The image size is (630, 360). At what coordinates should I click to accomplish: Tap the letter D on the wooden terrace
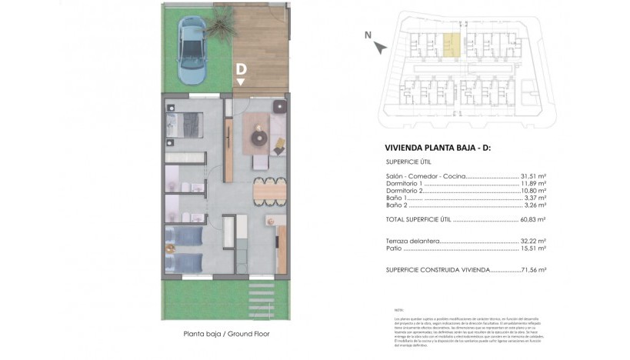(x=242, y=70)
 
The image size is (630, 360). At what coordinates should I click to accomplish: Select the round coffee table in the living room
(x=258, y=137)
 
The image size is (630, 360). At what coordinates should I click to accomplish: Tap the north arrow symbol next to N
(x=380, y=47)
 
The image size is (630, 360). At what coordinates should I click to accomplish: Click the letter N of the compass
(x=368, y=34)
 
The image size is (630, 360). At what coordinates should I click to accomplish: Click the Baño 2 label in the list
(x=396, y=206)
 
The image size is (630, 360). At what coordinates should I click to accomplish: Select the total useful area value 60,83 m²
(x=533, y=220)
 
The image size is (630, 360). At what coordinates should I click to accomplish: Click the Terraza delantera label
(x=413, y=241)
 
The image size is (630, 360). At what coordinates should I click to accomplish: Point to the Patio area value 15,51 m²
(x=533, y=248)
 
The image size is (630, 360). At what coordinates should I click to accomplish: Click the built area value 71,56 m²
(x=532, y=270)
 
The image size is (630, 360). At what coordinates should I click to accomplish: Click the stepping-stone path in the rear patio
(x=259, y=297)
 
